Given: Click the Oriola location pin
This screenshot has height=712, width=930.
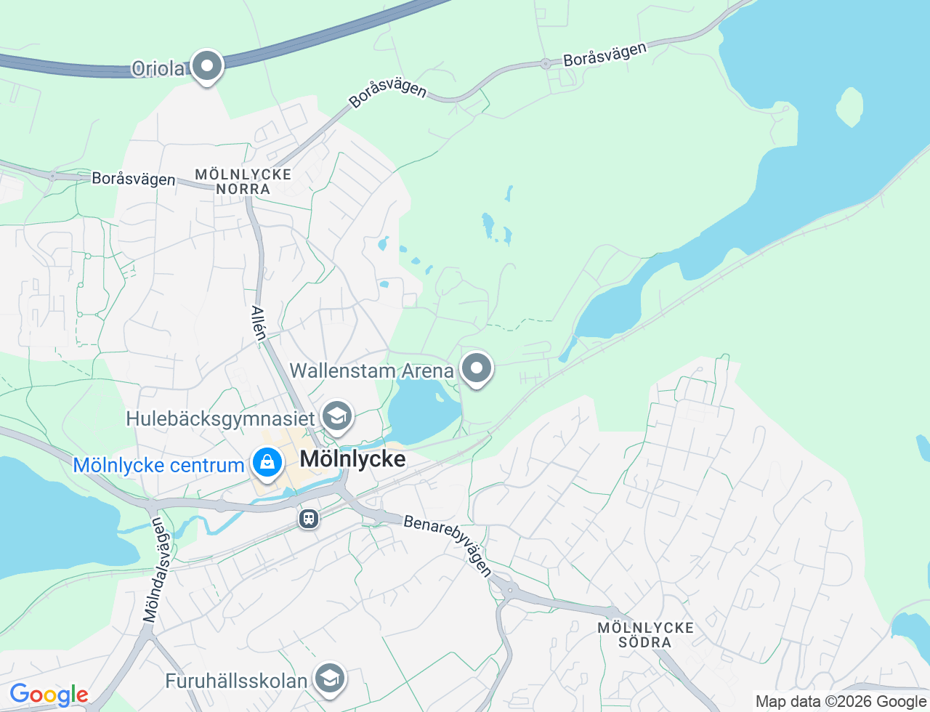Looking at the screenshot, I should coord(207,67).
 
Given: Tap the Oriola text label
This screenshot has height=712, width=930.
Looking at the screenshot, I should coord(158,69).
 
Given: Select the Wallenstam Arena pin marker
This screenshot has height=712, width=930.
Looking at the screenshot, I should coord(477,368).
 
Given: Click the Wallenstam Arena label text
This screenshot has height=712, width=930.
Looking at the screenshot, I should coord(371,371).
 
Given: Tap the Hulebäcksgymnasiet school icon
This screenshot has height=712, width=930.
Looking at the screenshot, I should coord(337,416).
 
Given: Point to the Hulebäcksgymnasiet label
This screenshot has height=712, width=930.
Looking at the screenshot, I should coord(221,418).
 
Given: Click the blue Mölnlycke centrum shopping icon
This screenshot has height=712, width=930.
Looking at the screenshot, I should coord(267,463).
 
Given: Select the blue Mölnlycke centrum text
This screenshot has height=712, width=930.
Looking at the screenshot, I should coord(158,465).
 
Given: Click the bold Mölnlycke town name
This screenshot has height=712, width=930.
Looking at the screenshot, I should coord(352,459).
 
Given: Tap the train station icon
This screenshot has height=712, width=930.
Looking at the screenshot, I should coord(309,518).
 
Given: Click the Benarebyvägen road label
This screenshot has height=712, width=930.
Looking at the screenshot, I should coord(448,544).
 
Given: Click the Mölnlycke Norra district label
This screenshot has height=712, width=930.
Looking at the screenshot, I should coord(243,182).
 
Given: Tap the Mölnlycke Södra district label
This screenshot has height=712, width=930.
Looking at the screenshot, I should coord(645,635).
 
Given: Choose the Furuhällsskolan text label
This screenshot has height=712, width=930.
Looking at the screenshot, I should coord(236,681).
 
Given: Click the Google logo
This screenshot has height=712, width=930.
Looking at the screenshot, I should coord(48,695).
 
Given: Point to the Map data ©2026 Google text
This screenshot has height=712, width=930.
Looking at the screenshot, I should coord(841,701).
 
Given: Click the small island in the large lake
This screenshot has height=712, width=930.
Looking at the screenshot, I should coord(849,107).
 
